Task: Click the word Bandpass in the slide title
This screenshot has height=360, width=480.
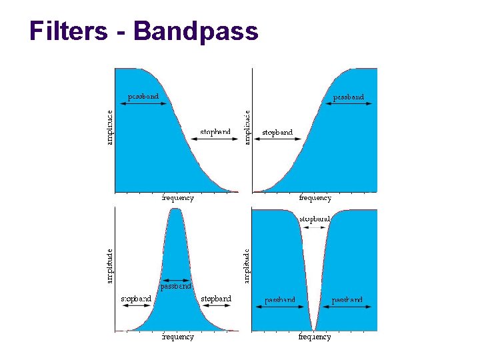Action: [x=196, y=31]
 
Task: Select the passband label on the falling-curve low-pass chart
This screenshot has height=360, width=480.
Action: [x=143, y=96]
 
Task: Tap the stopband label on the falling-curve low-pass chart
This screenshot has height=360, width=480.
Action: [x=215, y=132]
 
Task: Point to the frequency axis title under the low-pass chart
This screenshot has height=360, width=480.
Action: [x=178, y=198]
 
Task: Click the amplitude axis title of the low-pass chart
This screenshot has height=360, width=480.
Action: [x=110, y=127]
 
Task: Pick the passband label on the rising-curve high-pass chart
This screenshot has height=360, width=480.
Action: [x=349, y=97]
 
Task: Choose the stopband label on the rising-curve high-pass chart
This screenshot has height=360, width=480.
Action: [x=277, y=133]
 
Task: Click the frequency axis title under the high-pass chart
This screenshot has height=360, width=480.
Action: [x=315, y=198]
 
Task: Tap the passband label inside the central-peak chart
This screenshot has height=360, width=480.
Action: [x=176, y=286]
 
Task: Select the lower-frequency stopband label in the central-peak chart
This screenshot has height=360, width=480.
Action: [x=135, y=299]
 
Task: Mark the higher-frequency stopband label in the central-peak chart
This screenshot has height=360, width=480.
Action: [x=216, y=299]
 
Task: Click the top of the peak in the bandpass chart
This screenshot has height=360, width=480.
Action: [x=176, y=210]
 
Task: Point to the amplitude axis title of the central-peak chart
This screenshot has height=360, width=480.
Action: [x=110, y=266]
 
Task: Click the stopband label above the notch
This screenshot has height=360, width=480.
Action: [x=314, y=219]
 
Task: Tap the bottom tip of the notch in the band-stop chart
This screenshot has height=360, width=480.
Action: [x=313, y=329]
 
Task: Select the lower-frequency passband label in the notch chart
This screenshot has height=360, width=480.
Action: [x=280, y=300]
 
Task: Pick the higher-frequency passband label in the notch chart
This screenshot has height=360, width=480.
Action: [x=347, y=300]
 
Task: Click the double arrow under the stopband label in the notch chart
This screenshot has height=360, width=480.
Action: [x=314, y=228]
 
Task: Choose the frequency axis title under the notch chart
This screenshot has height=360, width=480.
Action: [x=315, y=337]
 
